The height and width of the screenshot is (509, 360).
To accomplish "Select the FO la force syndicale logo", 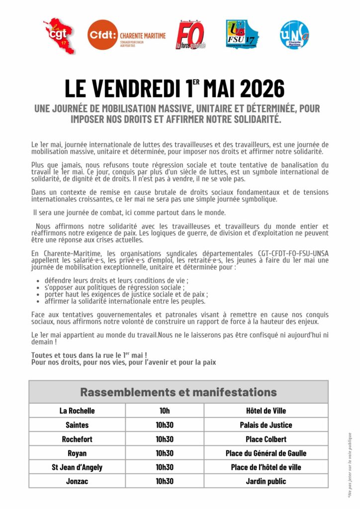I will click(x=191, y=35).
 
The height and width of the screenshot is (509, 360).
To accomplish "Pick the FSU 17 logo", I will click(x=242, y=34).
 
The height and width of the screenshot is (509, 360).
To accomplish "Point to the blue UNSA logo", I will click(x=295, y=34).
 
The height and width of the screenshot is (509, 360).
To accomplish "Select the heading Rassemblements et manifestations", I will click(x=179, y=392).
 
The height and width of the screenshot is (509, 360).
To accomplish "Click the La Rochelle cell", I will click(x=77, y=411).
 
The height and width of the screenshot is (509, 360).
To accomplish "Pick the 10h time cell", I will click(x=165, y=411).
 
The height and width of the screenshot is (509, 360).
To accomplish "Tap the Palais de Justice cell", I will click(x=266, y=425).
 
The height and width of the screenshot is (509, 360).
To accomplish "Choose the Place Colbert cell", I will click(x=266, y=439).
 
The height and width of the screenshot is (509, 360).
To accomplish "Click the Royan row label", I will click(x=77, y=453).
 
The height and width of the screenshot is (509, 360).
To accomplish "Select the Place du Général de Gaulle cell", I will click(x=266, y=453).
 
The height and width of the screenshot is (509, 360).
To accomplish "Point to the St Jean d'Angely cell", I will click(x=77, y=467).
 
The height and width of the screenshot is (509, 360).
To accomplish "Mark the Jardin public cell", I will click(x=266, y=481).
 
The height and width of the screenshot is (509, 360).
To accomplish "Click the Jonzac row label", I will click(x=77, y=481).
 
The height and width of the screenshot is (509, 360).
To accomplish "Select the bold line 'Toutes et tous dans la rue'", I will click(x=89, y=355).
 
